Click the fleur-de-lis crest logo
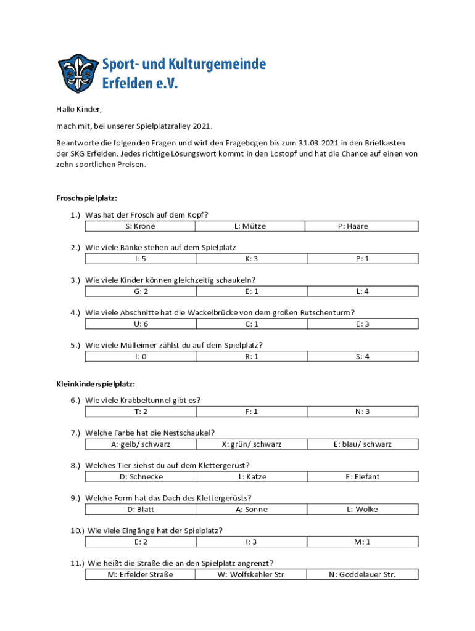[78, 72]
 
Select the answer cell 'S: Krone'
[140, 226]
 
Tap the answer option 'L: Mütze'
[250, 226]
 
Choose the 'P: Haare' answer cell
[353, 226]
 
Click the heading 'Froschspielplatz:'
[86, 198]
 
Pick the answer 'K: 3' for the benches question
[251, 259]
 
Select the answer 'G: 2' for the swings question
[140, 291]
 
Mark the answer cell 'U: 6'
[140, 324]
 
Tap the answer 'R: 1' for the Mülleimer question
[251, 356]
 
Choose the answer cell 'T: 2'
[140, 411]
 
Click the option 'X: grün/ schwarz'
[251, 444]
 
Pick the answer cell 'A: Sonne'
[251, 509]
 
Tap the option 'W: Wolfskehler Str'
[251, 574]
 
